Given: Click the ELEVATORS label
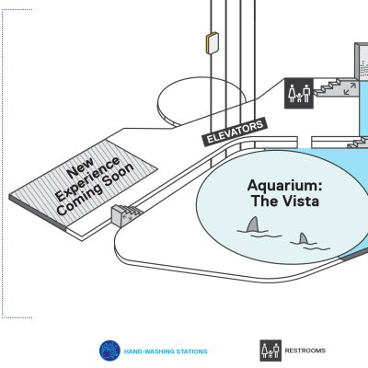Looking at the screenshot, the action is (x=235, y=132).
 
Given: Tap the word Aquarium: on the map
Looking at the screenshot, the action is (x=285, y=186).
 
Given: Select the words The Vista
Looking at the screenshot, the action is (x=285, y=201).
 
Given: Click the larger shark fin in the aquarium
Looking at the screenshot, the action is (x=253, y=224).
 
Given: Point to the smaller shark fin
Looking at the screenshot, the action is (x=304, y=238).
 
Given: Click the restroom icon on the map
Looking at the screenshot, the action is (x=299, y=93).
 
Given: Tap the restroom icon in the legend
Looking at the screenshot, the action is (x=270, y=351).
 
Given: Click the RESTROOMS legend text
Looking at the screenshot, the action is (x=305, y=351).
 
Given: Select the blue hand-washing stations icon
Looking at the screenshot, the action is (x=109, y=351).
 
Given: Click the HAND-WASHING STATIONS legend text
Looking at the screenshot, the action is (x=166, y=351).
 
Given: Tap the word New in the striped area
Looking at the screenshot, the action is (x=80, y=168).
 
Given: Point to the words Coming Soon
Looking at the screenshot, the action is (x=96, y=189).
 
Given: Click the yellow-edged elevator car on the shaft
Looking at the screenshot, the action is (x=212, y=43).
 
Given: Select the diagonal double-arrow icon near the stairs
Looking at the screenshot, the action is (x=350, y=88).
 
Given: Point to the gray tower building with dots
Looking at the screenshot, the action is (x=362, y=61).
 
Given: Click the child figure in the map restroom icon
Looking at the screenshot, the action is (x=299, y=98).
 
